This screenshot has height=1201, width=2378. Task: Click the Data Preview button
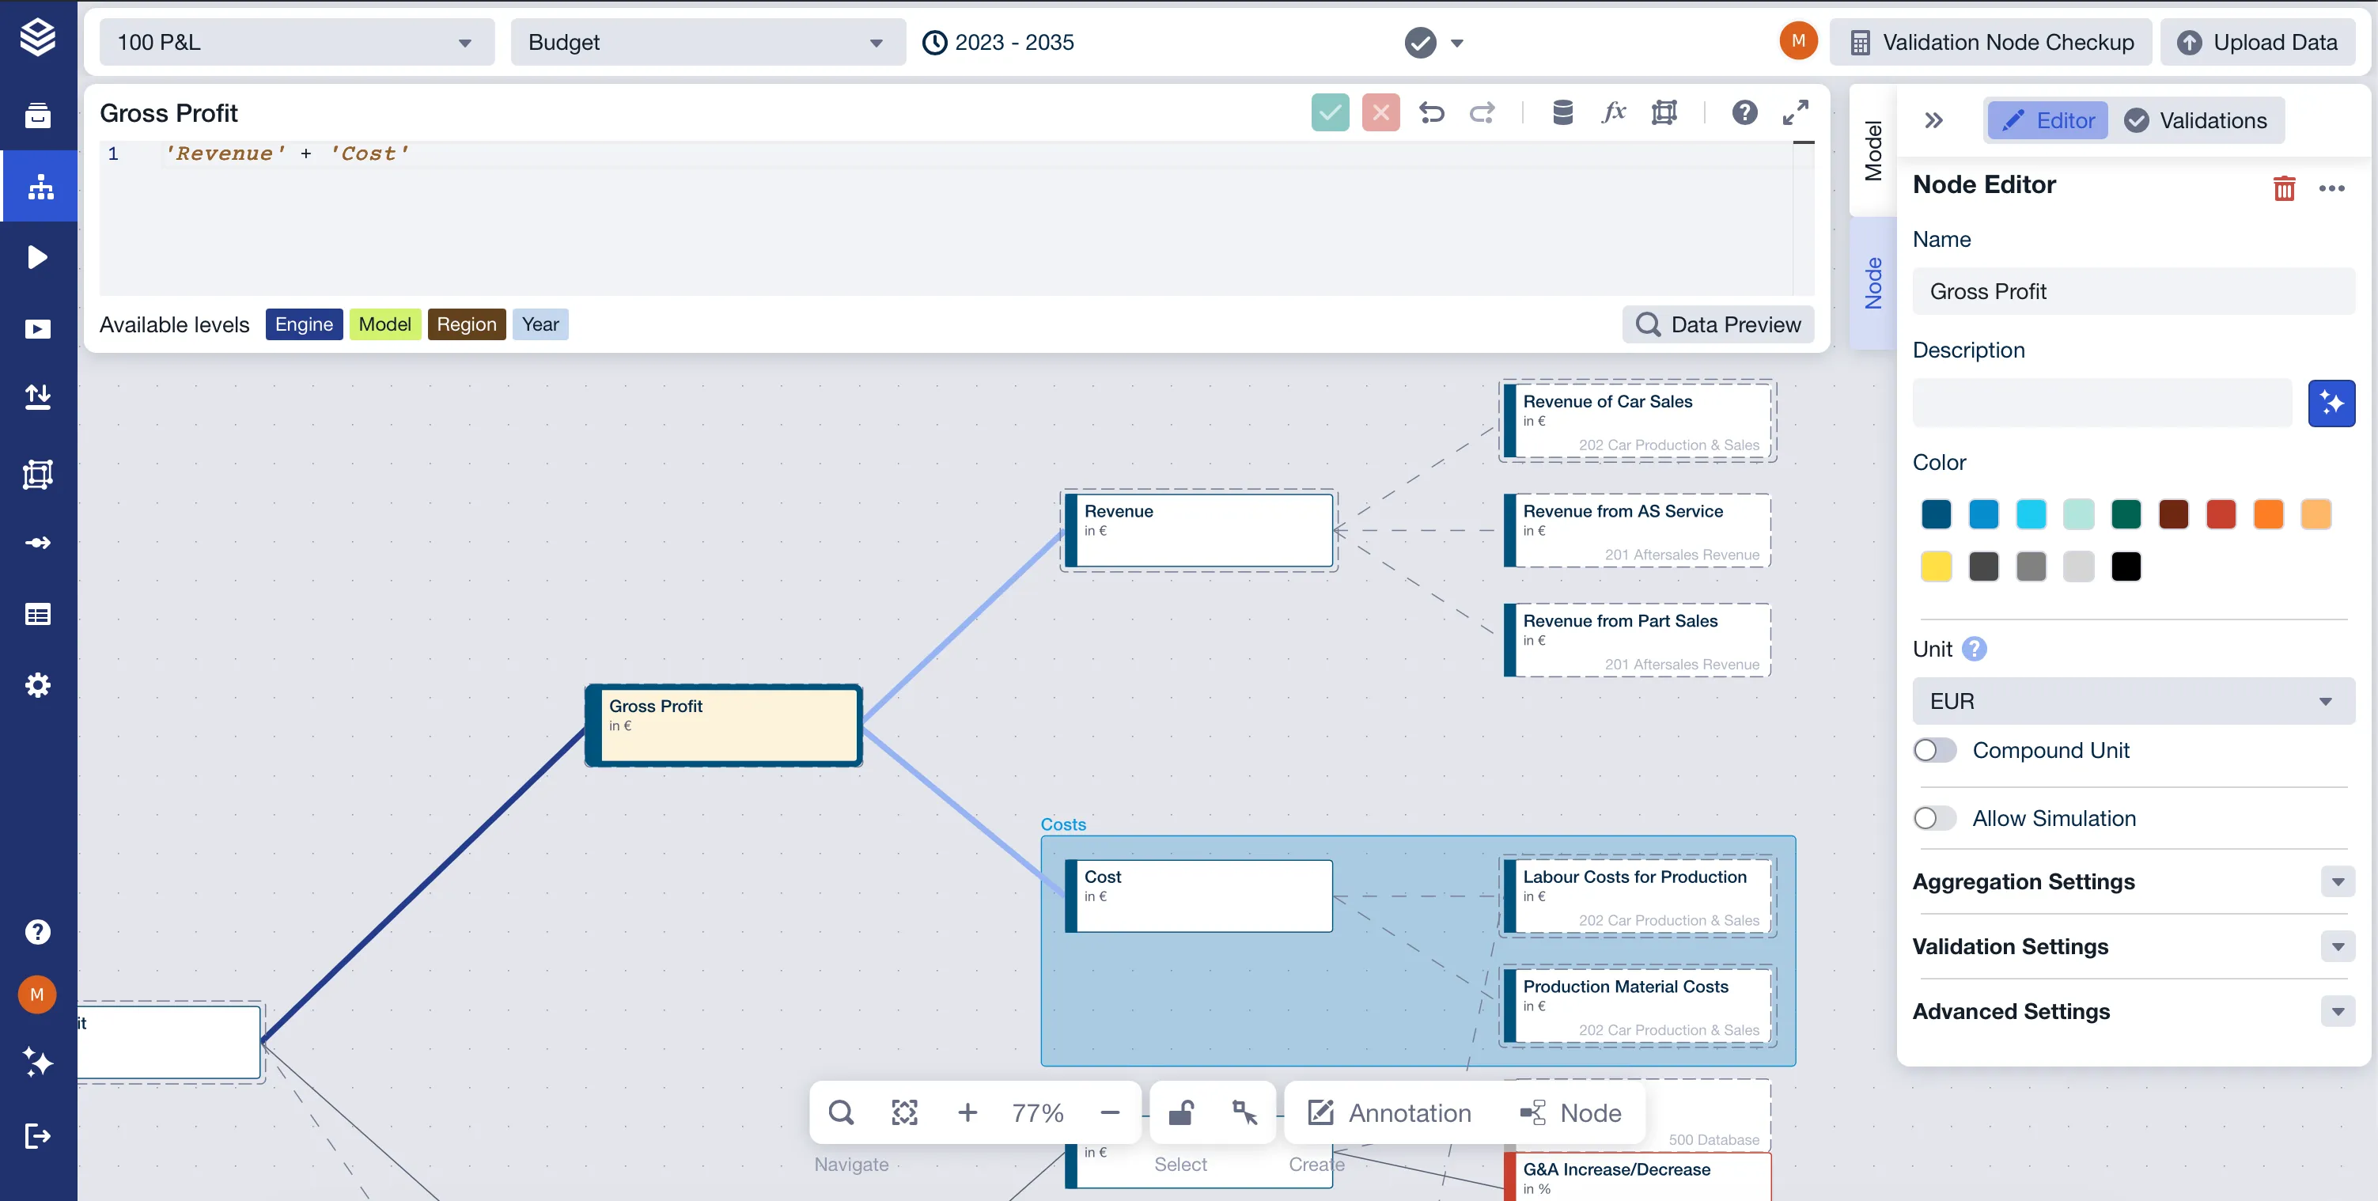pos(1718,324)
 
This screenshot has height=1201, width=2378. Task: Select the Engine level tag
pos(304,324)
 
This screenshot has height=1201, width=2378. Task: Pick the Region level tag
pos(466,324)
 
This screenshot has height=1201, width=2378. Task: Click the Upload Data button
pos(2259,43)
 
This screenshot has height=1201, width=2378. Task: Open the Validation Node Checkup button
pos(1991,43)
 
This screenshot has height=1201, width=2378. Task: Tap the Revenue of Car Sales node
pos(1638,421)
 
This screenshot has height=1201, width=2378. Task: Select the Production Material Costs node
pos(1638,1006)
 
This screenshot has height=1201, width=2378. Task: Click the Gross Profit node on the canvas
pos(724,726)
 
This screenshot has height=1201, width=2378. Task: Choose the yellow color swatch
pos(1936,566)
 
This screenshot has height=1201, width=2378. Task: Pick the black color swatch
pos(2126,566)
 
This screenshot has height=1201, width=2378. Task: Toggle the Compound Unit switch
pos(1935,751)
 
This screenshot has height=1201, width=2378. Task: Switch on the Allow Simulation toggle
pos(1935,819)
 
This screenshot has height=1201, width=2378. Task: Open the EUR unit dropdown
pos(2134,702)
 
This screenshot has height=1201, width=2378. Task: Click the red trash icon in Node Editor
pos(2284,188)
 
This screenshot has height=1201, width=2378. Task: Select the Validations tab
pos(2197,121)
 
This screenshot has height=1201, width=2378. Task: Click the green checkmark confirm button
pos(1331,112)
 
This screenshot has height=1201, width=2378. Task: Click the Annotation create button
pos(1390,1113)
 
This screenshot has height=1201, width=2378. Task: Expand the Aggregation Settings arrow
pos(2338,882)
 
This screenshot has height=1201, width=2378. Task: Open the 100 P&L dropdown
pos(297,43)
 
